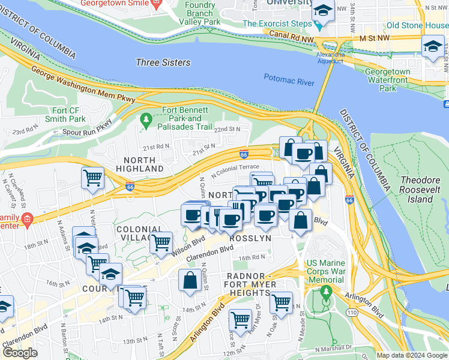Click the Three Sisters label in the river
[163, 62]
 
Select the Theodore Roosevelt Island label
[424, 190]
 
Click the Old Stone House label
[417, 26]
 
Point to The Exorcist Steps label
[277, 24]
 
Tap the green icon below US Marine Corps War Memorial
[326, 293]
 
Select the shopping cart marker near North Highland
[92, 178]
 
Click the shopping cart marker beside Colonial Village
[160, 242]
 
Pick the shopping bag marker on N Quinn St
[190, 280]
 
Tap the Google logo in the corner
[20, 353]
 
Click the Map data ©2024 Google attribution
[412, 355]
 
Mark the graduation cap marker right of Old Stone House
[432, 47]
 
